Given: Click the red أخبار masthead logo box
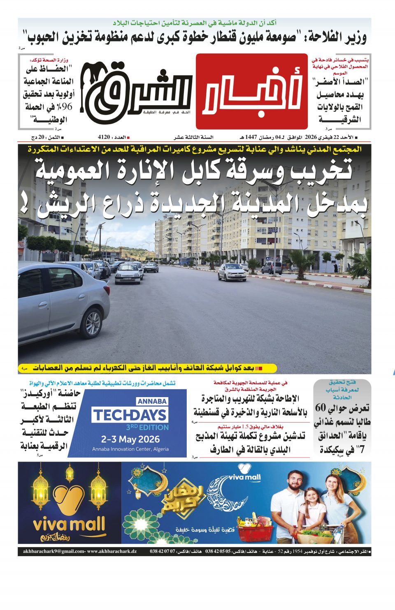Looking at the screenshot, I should [252, 91].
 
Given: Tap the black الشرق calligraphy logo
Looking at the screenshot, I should [136, 91].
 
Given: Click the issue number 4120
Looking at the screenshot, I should [104, 137].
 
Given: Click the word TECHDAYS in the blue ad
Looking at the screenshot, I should [129, 415].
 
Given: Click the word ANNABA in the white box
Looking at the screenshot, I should [152, 401].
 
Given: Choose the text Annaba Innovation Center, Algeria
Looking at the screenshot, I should [130, 449].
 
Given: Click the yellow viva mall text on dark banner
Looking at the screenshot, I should [69, 525].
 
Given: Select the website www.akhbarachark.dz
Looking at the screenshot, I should [112, 551].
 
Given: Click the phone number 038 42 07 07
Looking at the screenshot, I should [163, 551].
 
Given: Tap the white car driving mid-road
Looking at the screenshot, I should [232, 272].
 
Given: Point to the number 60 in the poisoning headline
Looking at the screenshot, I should [321, 408].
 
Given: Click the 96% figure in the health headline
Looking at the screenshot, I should [65, 106].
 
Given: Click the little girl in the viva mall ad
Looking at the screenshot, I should [312, 510].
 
